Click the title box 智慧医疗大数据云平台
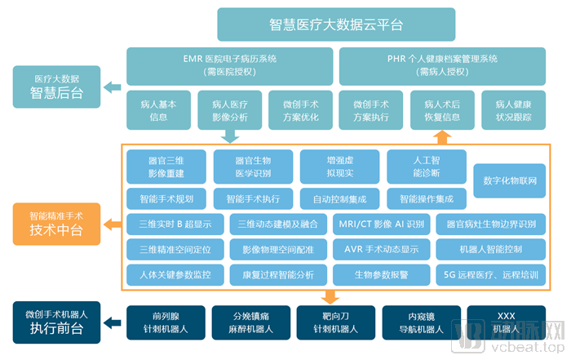(335, 24)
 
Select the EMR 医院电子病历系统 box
(229, 66)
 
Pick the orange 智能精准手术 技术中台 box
(57, 224)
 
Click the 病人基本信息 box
(159, 110)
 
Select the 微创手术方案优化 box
(300, 110)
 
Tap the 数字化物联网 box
(510, 180)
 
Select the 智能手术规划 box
(166, 198)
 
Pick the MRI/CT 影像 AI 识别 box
(381, 224)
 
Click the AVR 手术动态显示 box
(381, 249)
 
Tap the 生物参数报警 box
(381, 274)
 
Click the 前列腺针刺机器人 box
(160, 323)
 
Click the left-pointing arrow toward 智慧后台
(115, 87)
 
